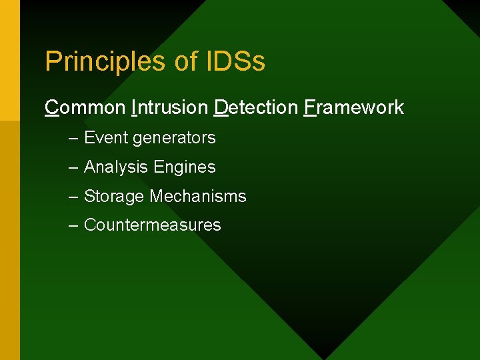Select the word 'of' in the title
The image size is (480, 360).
click(x=185, y=61)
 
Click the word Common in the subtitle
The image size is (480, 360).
click(x=85, y=107)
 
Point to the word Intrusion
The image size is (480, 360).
click(x=170, y=107)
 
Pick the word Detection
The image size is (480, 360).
click(x=256, y=107)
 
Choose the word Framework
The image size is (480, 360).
click(x=353, y=107)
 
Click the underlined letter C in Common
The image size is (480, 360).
click(x=51, y=107)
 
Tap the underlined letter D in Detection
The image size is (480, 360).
click(x=221, y=107)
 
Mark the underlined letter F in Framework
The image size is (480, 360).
click(x=309, y=107)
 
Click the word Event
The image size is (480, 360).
click(x=106, y=138)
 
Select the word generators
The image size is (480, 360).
click(x=174, y=139)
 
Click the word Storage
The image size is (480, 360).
click(x=114, y=197)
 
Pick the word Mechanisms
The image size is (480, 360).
click(x=198, y=197)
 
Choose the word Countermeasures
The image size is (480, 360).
click(x=152, y=225)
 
